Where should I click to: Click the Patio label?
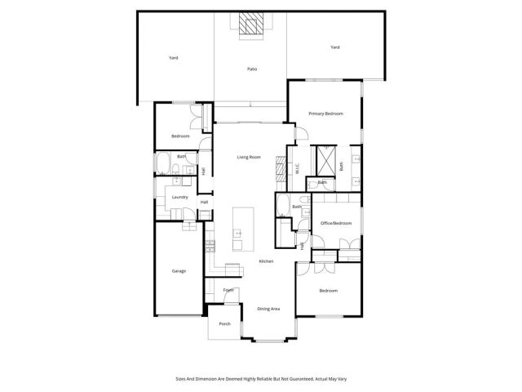[x=252, y=69]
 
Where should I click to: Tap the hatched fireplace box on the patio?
[x=252, y=26]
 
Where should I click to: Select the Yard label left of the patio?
[x=173, y=58]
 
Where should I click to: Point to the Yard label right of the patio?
[x=334, y=47]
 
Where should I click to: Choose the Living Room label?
[x=249, y=157]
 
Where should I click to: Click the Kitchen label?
[x=266, y=261]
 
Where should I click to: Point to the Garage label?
[x=178, y=271]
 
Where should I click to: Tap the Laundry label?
[x=180, y=197]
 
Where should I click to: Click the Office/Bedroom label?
[x=335, y=223]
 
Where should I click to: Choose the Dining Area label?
[x=269, y=309]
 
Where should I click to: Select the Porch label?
[x=224, y=324]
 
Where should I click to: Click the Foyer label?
[x=229, y=290]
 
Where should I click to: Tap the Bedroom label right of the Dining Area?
[x=328, y=291]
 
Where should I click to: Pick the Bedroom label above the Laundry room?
[x=180, y=136]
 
